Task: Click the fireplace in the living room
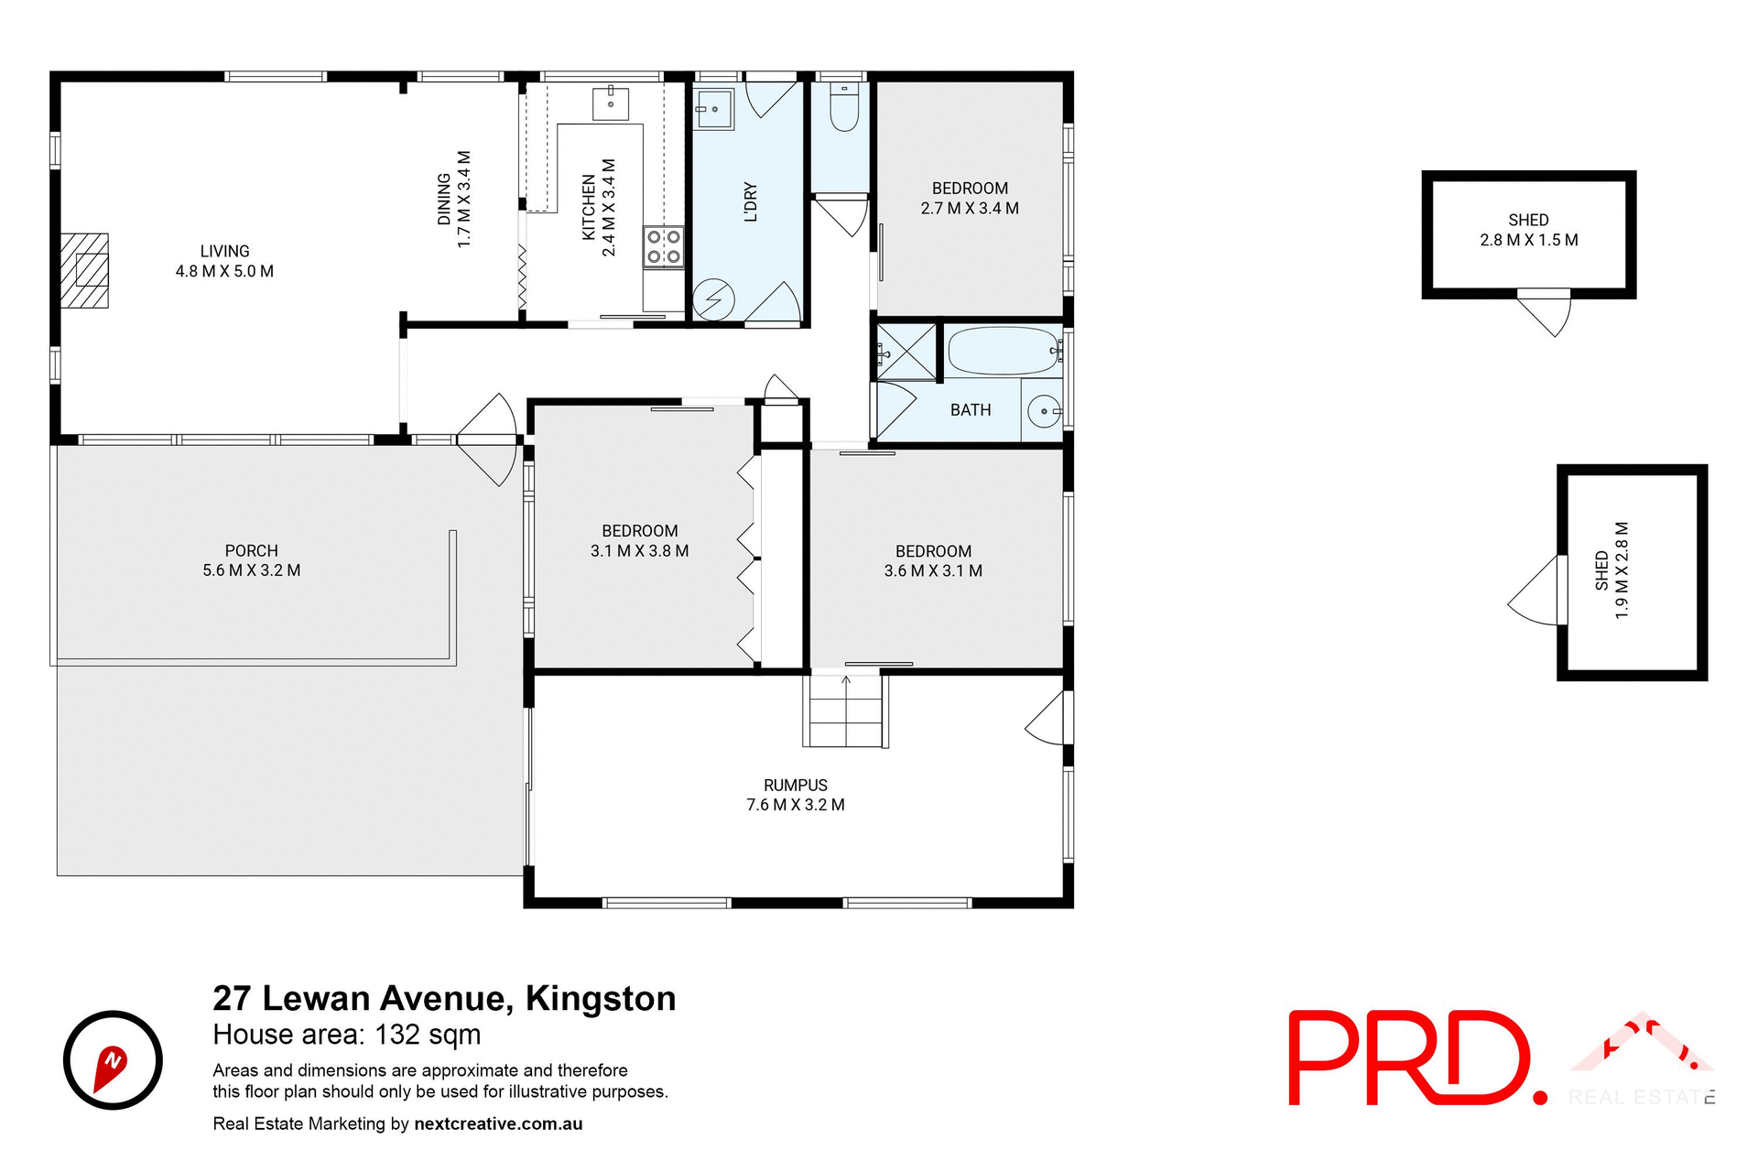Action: tap(85, 270)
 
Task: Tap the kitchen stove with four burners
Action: tap(664, 246)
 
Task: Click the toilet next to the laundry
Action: tap(843, 109)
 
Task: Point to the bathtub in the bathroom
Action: tap(1004, 351)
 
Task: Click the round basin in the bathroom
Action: tap(1043, 411)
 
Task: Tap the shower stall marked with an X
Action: tap(906, 352)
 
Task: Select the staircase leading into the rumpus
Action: tap(846, 711)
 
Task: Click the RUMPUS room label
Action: tap(795, 785)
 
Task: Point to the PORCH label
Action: tap(251, 550)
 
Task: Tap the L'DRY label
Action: tap(751, 202)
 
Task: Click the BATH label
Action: tap(971, 410)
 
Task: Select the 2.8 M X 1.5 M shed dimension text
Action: tap(1528, 240)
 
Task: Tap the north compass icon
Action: tap(113, 1060)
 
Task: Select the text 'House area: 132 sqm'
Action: tap(346, 1035)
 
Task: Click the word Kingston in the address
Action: tap(601, 998)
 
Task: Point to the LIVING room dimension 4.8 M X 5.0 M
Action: tap(224, 271)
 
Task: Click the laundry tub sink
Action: tap(713, 110)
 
